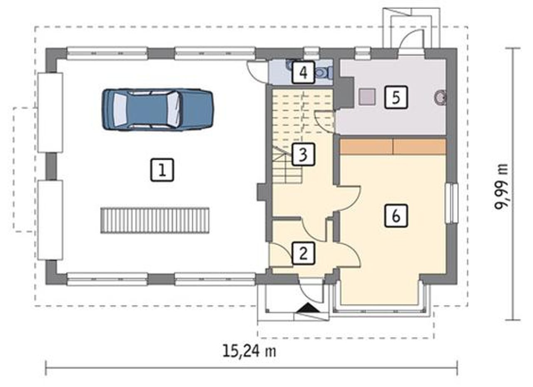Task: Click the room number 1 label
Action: click(162, 170)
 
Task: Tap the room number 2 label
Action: click(304, 253)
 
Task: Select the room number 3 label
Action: click(304, 154)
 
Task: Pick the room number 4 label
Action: click(304, 72)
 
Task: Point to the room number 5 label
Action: click(396, 97)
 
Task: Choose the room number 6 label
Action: click(396, 216)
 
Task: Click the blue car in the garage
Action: click(158, 109)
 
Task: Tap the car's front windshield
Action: click(173, 109)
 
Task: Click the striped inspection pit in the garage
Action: click(155, 221)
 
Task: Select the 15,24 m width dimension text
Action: click(249, 352)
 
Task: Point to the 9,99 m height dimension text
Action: click(501, 186)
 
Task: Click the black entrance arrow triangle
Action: click(309, 308)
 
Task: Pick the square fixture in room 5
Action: click(367, 97)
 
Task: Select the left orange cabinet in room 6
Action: click(366, 147)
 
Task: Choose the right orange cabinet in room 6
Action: click(419, 147)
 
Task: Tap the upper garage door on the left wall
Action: click(50, 113)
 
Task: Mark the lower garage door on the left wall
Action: click(50, 220)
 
